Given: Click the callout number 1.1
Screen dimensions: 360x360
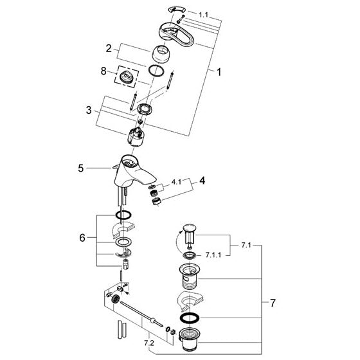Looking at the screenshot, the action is coord(203,15).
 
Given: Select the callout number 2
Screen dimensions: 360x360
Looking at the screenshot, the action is coord(109,49).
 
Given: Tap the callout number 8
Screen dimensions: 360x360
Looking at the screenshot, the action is coord(104,71).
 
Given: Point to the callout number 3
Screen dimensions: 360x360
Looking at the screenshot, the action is coord(89,110).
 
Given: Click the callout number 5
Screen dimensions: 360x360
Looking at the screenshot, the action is coord(80,168).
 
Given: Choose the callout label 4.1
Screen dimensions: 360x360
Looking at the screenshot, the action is coord(176,182).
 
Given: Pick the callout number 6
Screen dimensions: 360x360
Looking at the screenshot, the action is coord(82,238).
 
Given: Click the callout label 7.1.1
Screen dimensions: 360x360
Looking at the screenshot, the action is coord(213,255).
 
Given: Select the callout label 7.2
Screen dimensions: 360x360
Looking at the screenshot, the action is coord(149,343).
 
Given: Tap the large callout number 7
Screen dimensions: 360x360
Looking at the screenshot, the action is coord(273,303).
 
